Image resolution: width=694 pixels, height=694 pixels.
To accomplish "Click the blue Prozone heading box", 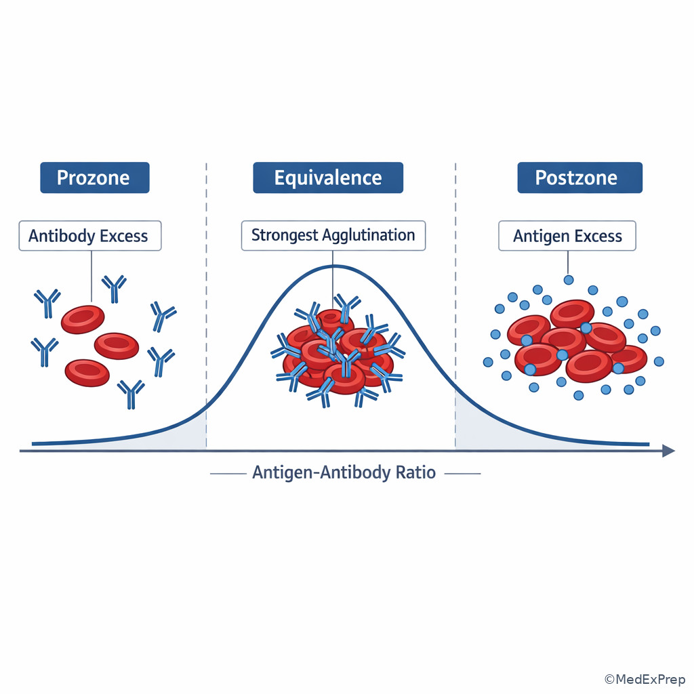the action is (x=95, y=178).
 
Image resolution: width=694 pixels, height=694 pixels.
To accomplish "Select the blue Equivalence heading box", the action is (x=328, y=178).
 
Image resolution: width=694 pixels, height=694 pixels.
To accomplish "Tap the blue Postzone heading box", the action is (x=580, y=178).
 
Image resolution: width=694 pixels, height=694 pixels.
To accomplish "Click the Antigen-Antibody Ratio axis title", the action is (x=344, y=472).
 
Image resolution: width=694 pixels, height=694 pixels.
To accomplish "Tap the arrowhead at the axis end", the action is (x=669, y=451).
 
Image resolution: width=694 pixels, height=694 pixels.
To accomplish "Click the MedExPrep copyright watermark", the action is (x=645, y=679).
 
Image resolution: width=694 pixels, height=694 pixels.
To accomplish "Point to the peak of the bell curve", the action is (x=333, y=266).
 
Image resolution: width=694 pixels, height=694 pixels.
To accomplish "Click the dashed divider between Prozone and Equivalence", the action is (x=206, y=306).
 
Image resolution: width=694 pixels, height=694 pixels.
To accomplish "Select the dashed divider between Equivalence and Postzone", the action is (x=455, y=306).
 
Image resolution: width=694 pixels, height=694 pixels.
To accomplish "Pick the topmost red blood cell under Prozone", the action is (x=83, y=319).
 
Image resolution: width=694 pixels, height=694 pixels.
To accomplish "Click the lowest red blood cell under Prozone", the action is (x=87, y=373).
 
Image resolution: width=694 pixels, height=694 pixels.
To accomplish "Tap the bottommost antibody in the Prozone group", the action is (x=131, y=394).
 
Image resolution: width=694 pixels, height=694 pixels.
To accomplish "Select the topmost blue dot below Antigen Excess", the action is (x=569, y=280).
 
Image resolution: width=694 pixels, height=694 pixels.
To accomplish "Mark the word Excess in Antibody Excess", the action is (x=124, y=236).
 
